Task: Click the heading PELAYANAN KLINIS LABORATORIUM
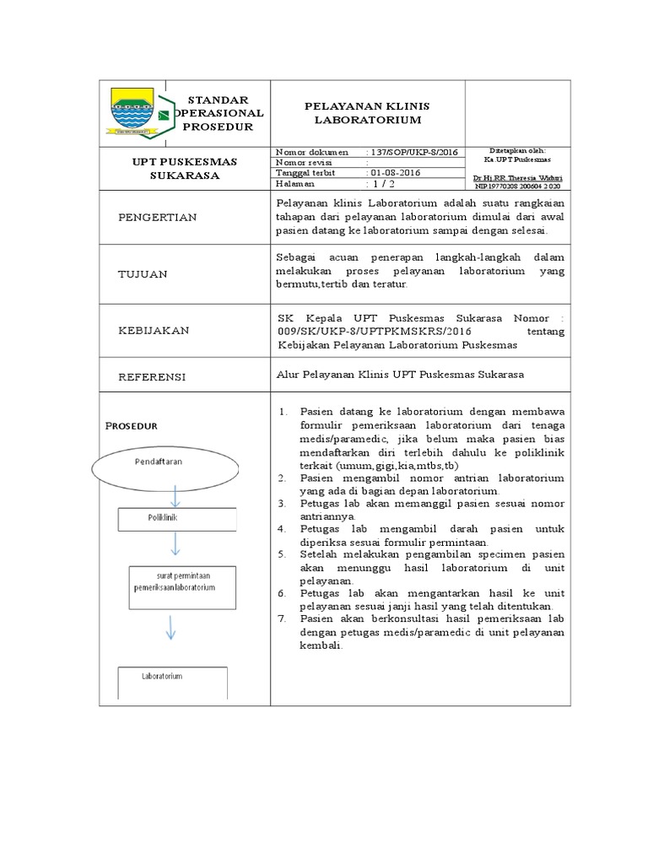coord(367,113)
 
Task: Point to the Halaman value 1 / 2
coord(380,183)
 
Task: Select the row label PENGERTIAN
coord(157,218)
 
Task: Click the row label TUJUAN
coord(144,274)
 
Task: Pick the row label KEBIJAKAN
coord(154,331)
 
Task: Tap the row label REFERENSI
coord(152,376)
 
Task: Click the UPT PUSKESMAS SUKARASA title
coord(183,168)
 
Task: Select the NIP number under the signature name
coord(516,186)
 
